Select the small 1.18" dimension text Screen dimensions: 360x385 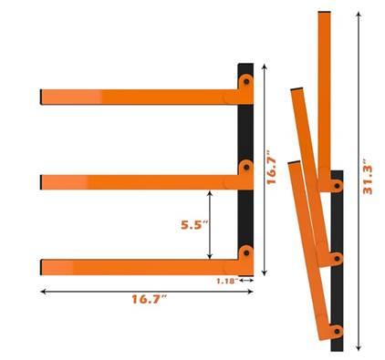click(x=230, y=281)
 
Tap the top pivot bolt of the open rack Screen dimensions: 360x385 click(x=245, y=82)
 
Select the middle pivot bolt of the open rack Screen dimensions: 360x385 click(x=245, y=168)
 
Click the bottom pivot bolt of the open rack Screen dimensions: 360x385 click(x=245, y=253)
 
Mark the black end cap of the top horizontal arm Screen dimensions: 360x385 click(x=42, y=96)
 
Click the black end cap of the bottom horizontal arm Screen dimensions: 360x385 click(x=42, y=266)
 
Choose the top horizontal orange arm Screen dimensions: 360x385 click(x=137, y=96)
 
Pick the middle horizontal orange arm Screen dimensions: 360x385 click(x=137, y=181)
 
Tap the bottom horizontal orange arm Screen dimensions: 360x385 click(x=137, y=266)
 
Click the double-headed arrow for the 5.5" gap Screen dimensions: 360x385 click(x=211, y=224)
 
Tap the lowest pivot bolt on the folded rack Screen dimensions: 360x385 click(x=336, y=329)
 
